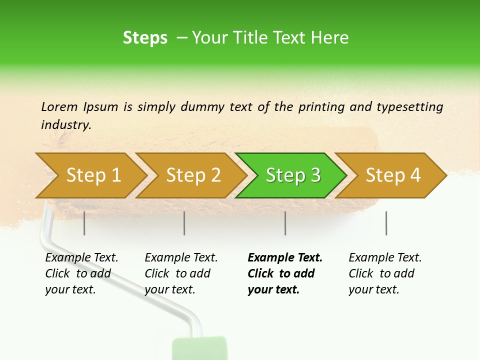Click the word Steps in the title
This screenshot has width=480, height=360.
145,38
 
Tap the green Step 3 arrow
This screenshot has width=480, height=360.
293,175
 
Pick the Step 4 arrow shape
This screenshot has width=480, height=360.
393,175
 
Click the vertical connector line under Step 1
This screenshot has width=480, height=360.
84,223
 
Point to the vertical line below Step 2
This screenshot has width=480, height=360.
184,223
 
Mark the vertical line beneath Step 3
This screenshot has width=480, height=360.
285,223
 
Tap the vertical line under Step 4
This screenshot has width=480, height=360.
386,223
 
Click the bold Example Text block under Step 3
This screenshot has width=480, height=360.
284,273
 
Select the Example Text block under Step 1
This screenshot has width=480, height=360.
81,273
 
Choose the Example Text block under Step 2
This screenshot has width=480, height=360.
181,273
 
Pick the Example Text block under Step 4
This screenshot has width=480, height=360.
385,273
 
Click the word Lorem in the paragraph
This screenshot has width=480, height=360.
59,106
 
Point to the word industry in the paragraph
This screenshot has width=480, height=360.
65,125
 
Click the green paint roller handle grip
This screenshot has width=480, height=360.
199,349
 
